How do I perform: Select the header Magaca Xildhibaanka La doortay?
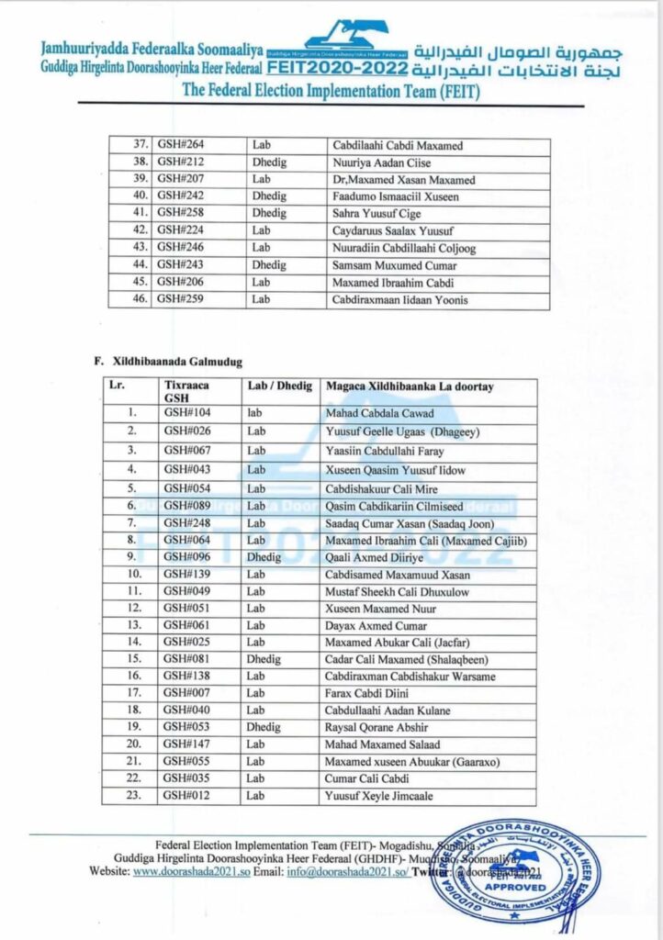409,386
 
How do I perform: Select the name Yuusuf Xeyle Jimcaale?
378,795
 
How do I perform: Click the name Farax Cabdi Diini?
365,693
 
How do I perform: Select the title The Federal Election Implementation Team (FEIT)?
331,90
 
